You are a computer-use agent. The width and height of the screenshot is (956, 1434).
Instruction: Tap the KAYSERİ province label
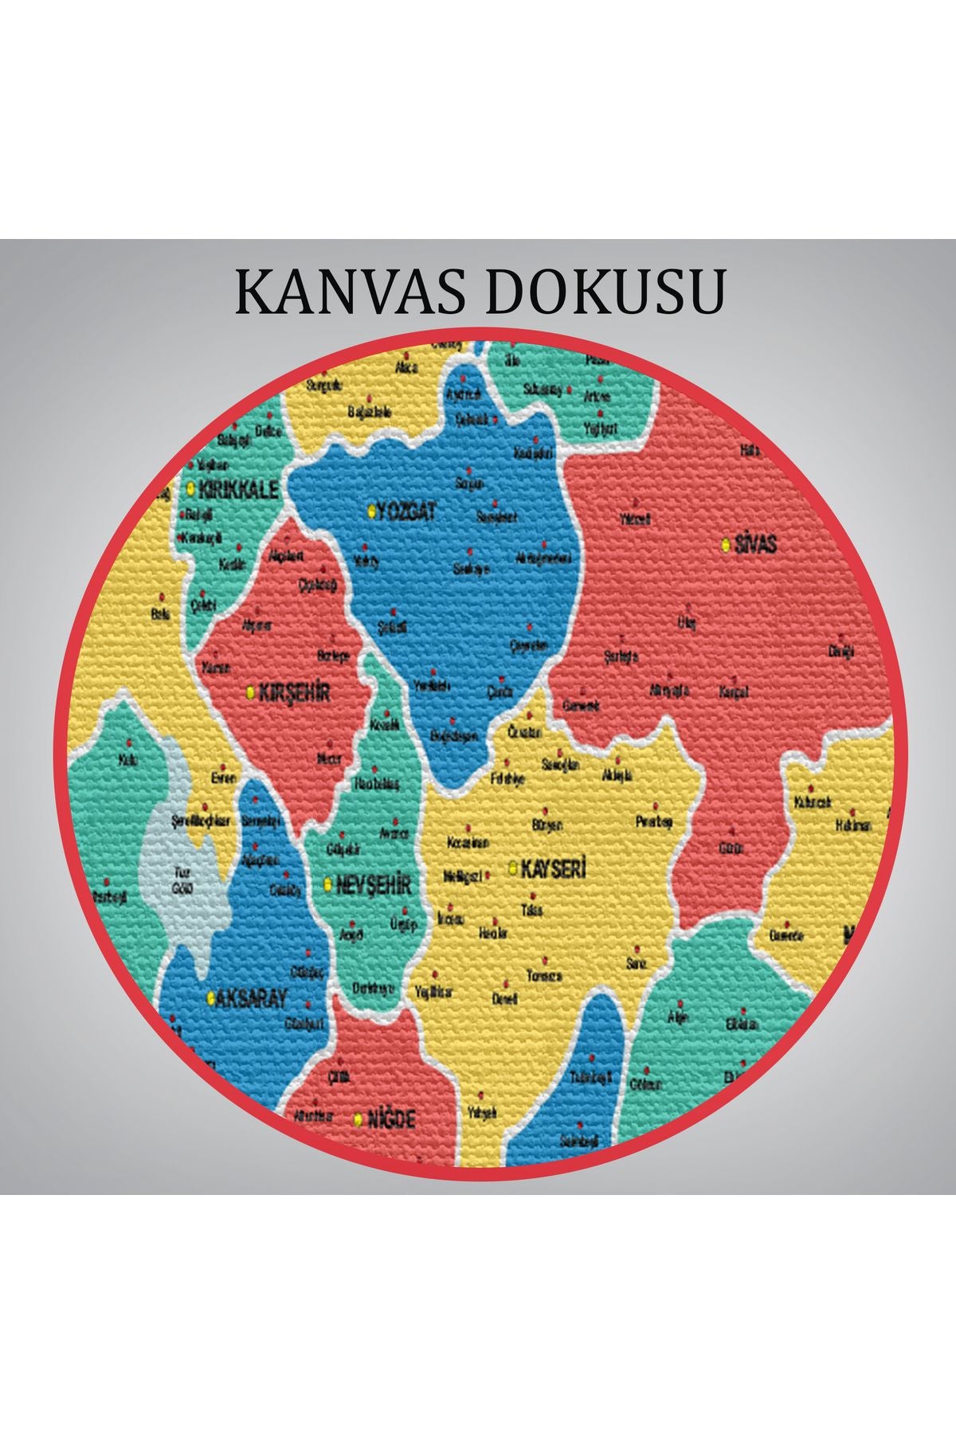point(553,869)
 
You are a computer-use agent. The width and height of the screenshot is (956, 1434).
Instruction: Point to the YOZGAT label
point(407,511)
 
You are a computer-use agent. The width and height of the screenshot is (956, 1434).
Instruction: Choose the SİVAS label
point(755,545)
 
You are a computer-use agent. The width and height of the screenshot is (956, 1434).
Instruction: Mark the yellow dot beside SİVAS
point(726,545)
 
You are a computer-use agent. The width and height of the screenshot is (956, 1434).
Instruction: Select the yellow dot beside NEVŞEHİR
point(327,884)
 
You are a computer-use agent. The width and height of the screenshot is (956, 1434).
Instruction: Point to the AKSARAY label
point(251,999)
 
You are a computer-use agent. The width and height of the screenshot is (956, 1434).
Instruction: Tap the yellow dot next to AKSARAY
point(211,997)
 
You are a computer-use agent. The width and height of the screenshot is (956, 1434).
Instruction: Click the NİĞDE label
point(390,1119)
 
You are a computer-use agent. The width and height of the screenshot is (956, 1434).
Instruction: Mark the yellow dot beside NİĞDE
point(358,1119)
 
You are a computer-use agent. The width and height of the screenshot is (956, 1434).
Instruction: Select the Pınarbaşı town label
point(654,821)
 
